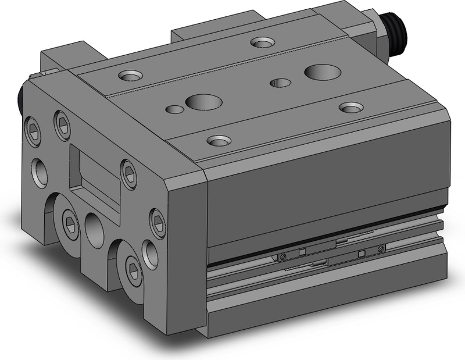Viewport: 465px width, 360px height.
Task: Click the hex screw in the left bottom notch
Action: (71, 223)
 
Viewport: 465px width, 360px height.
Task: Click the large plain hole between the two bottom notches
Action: (94, 229)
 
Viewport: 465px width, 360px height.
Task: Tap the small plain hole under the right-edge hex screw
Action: (151, 254)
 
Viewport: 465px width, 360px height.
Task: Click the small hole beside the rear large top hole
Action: (281, 83)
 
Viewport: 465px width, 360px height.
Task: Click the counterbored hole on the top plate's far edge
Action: (263, 42)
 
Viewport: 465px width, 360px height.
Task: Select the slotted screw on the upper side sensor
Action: (381, 249)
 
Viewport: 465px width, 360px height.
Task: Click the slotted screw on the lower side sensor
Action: (282, 257)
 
